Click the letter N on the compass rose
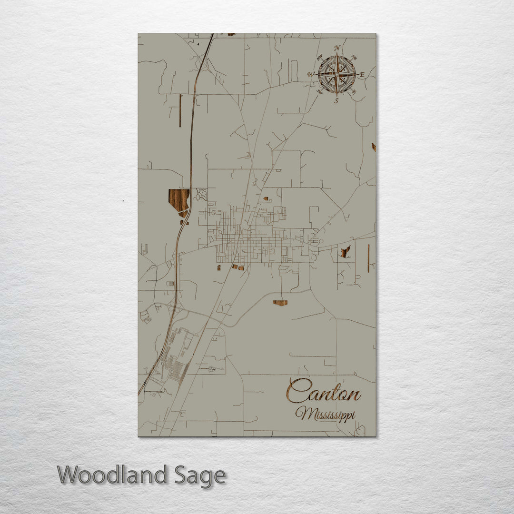pyautogui.click(x=337, y=48)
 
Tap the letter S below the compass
pyautogui.click(x=336, y=100)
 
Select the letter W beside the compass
pyautogui.click(x=311, y=74)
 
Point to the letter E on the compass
pyautogui.click(x=362, y=74)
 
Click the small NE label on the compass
pyautogui.click(x=354, y=58)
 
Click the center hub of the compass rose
pyautogui.click(x=336, y=74)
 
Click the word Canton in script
pyautogui.click(x=324, y=393)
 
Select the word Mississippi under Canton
pyautogui.click(x=325, y=414)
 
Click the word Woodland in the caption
pyautogui.click(x=112, y=475)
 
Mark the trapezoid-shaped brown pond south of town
pyautogui.click(x=280, y=303)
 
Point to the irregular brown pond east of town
pyautogui.click(x=345, y=251)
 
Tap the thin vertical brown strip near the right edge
pyautogui.click(x=368, y=258)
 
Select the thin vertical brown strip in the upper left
pyautogui.click(x=180, y=110)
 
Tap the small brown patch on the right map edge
pyautogui.click(x=374, y=147)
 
